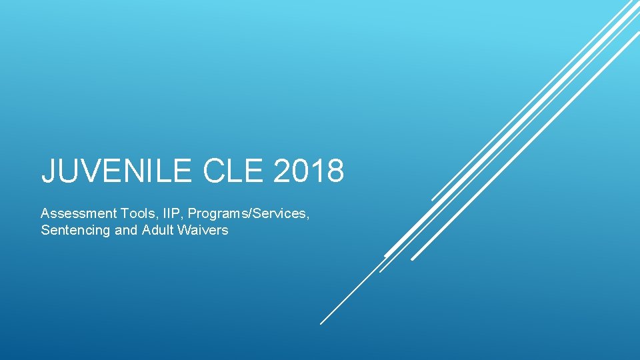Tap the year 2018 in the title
click(x=309, y=171)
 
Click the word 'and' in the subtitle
click(x=122, y=231)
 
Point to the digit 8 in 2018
click(x=335, y=171)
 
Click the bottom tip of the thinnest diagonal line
click(x=321, y=324)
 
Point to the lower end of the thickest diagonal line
click(x=386, y=255)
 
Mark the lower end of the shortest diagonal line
click(x=433, y=199)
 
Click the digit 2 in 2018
click(x=282, y=171)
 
